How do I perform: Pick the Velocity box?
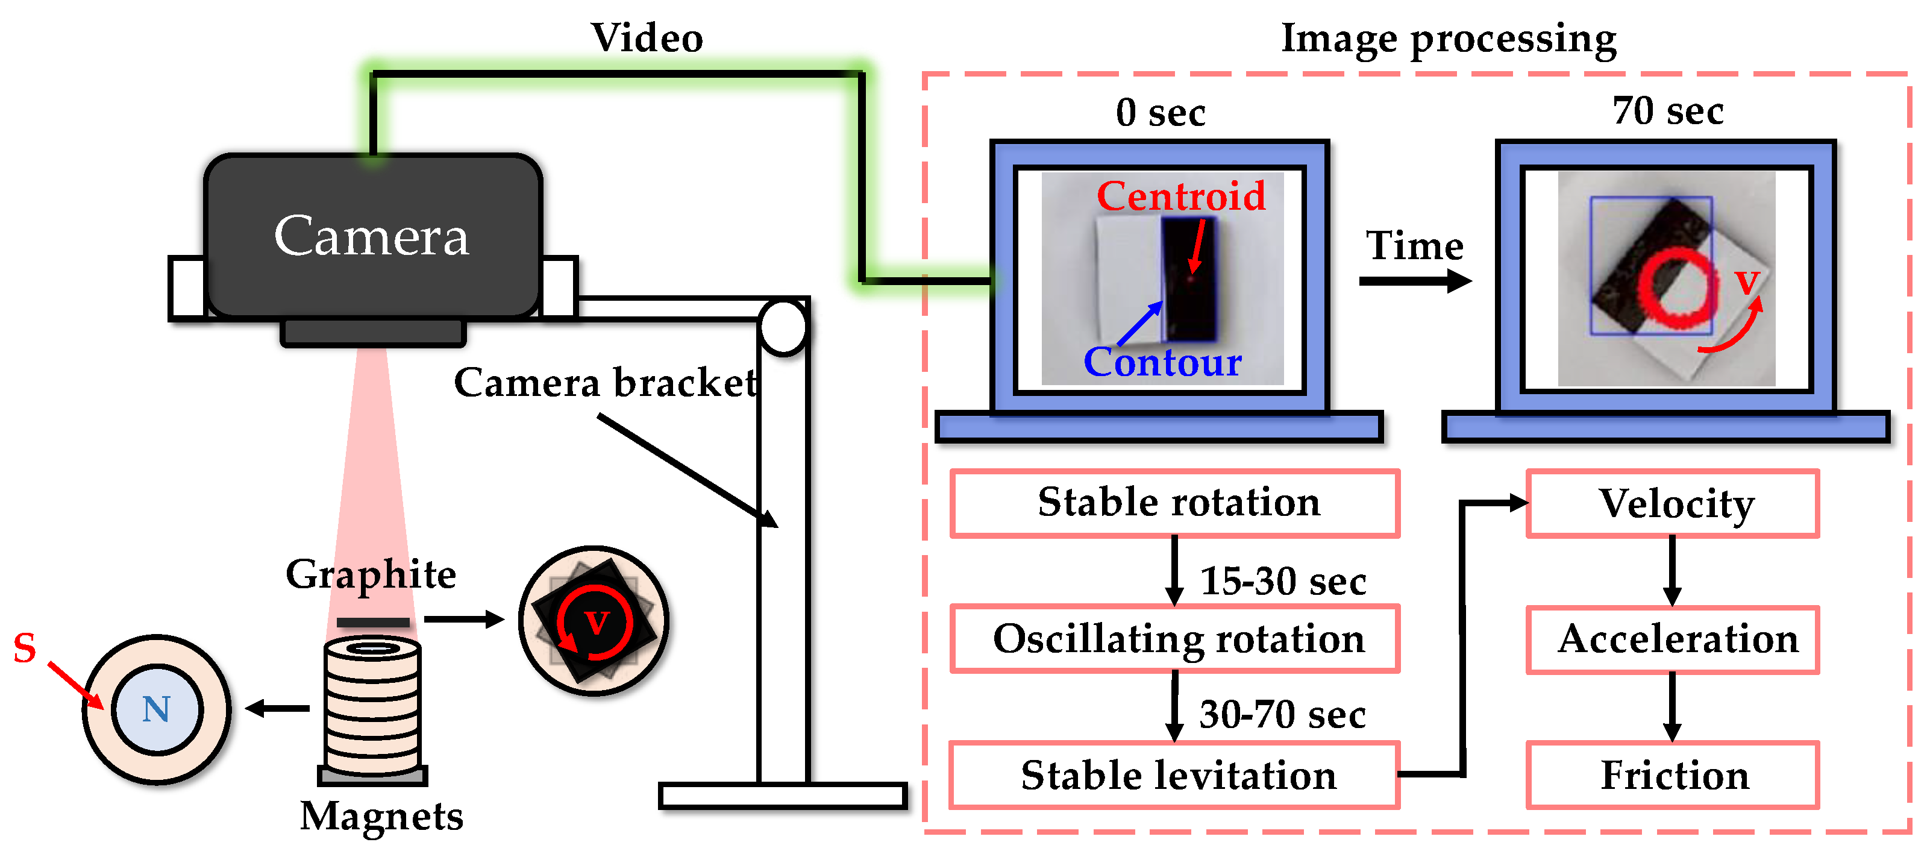pyautogui.click(x=1672, y=503)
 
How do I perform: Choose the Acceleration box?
pyautogui.click(x=1672, y=639)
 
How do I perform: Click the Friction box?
pyautogui.click(x=1672, y=775)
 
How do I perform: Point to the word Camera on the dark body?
pyautogui.click(x=372, y=237)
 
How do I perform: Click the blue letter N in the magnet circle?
pyautogui.click(x=157, y=709)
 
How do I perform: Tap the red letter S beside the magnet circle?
pyautogui.click(x=25, y=648)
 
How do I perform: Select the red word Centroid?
pyautogui.click(x=1181, y=196)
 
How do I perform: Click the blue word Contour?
pyautogui.click(x=1162, y=363)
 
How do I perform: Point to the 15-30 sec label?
pyautogui.click(x=1283, y=582)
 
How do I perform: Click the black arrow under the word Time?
pyautogui.click(x=1415, y=281)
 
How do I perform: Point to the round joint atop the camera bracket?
pyautogui.click(x=783, y=327)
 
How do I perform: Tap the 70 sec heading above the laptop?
pyautogui.click(x=1668, y=111)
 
